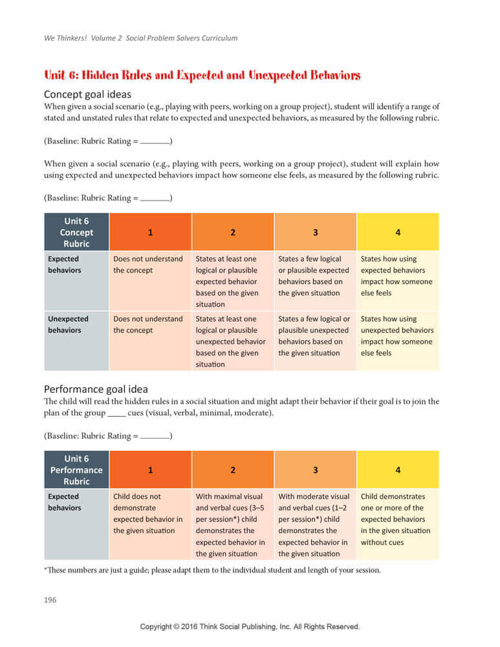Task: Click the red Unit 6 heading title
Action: pos(201,75)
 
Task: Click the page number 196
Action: pos(50,600)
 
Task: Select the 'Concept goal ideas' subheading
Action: pos(87,94)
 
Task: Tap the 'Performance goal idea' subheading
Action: pos(96,389)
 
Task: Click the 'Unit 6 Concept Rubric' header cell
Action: pos(76,232)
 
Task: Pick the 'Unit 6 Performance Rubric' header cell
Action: pos(76,470)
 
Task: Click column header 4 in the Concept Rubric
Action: pos(398,232)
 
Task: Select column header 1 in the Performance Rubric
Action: pos(150,470)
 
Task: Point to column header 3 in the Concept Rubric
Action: pos(315,232)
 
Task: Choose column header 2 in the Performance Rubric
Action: pos(233,470)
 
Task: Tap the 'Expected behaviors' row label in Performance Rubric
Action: pos(65,502)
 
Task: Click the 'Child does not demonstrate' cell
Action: pos(148,514)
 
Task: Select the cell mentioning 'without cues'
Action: pos(396,519)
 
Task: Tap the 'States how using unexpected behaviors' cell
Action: pos(396,336)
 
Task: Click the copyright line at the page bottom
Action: pos(250,627)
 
